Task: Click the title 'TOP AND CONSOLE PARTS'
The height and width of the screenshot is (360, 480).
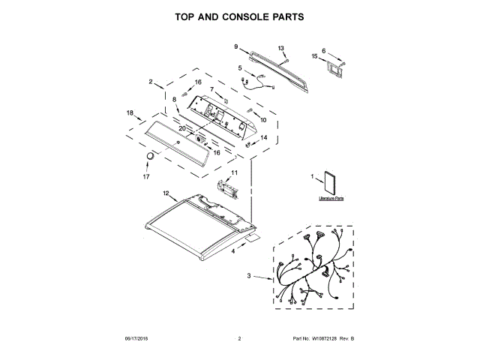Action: (x=239, y=16)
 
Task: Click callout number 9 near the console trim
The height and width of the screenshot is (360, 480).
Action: (x=235, y=46)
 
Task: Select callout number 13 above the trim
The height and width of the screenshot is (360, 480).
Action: (x=282, y=48)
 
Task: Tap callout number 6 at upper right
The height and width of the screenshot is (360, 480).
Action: (x=324, y=51)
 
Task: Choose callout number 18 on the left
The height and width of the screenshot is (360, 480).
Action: (x=130, y=112)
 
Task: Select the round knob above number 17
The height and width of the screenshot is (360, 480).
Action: (x=150, y=155)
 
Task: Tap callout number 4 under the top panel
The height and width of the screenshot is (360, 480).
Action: (x=232, y=252)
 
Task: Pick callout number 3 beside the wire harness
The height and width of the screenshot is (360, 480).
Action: (x=249, y=277)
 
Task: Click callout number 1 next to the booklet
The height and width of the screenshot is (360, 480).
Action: (x=311, y=176)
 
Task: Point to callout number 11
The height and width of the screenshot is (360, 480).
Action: (x=233, y=173)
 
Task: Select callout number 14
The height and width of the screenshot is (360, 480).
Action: (x=263, y=137)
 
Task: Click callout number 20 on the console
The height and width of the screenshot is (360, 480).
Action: (x=181, y=128)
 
